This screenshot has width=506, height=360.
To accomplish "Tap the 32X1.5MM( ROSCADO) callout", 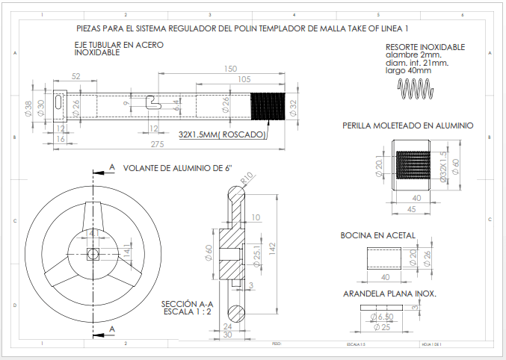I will tap(222, 134).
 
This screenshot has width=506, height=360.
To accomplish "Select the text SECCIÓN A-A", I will tap(188, 304).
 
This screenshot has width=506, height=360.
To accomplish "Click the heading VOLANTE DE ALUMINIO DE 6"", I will tap(173, 167).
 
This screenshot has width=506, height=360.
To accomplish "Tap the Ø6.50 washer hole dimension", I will tap(384, 317).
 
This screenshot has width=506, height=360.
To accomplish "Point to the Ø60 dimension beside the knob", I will tap(454, 167).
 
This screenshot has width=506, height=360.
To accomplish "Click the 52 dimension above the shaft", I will tap(76, 77).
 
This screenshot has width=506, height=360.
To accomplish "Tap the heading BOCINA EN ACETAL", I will tap(378, 235).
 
